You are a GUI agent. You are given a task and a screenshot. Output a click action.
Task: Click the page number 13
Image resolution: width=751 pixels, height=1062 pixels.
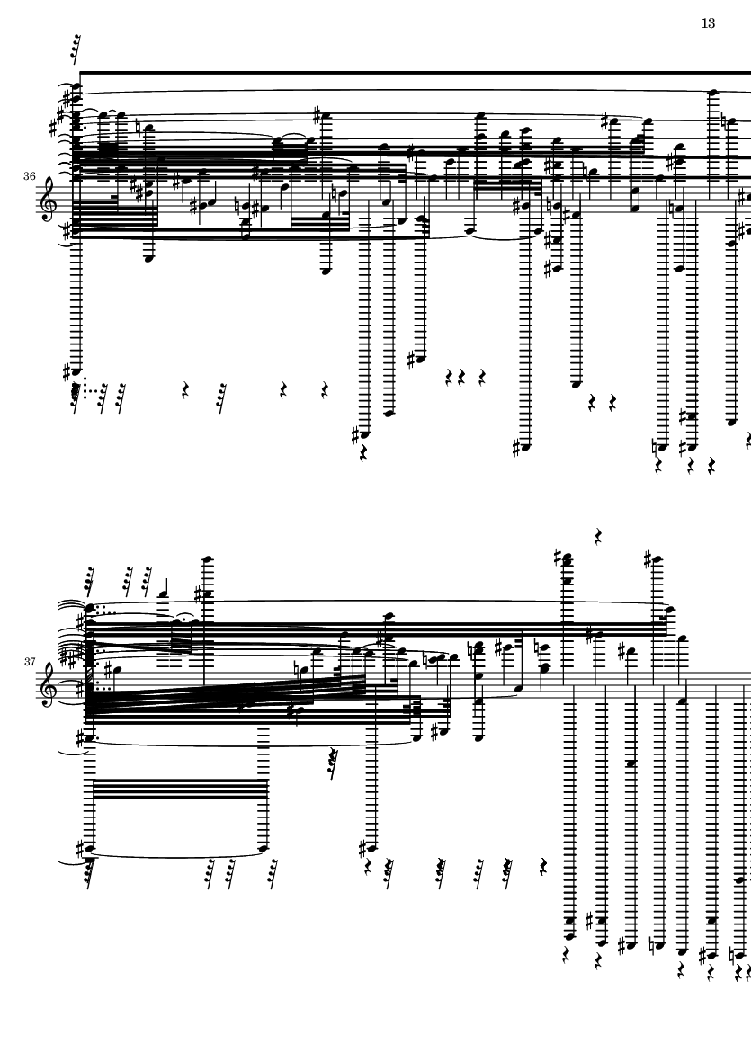point(708,23)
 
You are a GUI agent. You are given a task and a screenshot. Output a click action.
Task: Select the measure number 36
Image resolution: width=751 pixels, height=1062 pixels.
point(29,176)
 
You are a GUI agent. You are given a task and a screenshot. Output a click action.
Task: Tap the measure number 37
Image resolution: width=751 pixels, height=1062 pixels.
point(29,662)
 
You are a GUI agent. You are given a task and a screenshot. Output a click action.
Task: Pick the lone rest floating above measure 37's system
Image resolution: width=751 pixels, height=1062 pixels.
point(598,537)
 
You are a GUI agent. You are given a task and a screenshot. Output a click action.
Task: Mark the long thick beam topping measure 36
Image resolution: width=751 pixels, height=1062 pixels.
point(416,72)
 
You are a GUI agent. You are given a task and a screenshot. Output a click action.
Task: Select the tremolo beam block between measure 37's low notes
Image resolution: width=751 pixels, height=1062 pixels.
point(180,789)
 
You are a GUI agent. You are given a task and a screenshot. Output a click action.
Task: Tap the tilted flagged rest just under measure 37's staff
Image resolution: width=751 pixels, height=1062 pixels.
point(332,764)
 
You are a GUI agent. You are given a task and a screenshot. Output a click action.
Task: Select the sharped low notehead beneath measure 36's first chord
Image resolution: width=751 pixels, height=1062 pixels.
point(75,371)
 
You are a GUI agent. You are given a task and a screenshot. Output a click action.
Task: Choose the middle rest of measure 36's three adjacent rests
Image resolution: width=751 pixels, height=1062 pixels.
point(461,378)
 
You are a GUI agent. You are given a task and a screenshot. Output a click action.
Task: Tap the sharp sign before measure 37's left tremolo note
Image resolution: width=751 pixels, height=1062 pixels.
point(81,847)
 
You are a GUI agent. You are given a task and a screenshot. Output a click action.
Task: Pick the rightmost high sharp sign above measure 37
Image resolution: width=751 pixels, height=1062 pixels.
point(648,559)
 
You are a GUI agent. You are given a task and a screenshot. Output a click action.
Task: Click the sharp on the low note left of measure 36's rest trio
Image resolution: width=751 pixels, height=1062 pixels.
point(413,360)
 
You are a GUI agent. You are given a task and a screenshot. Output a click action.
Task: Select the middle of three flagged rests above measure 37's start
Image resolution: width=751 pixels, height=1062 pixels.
point(128,580)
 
